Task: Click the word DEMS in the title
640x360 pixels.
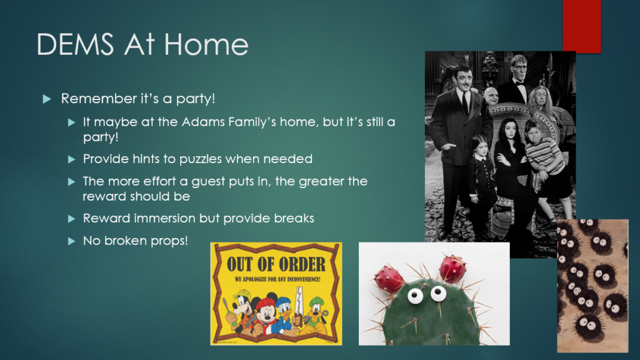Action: (x=75, y=44)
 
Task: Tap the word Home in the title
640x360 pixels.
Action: (x=206, y=44)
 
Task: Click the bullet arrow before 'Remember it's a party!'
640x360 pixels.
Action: (x=47, y=99)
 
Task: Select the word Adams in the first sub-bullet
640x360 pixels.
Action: (x=203, y=122)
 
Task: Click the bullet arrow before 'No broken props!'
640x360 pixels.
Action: (x=71, y=241)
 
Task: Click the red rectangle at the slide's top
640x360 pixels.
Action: (x=582, y=26)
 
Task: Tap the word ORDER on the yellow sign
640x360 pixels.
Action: (x=300, y=264)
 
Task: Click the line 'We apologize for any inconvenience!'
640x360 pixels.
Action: (x=277, y=279)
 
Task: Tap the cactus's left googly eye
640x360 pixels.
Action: (x=415, y=296)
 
